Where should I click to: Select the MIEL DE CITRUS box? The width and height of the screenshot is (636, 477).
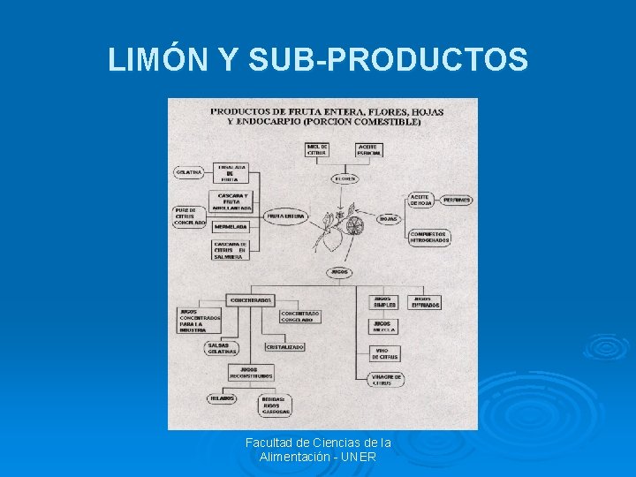point(317,149)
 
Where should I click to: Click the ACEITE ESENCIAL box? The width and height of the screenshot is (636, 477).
point(369,149)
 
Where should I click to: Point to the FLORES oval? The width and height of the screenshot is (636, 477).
point(345,178)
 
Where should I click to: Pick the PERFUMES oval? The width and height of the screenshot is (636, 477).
point(457,200)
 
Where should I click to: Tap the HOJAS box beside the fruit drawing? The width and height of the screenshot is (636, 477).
point(388,218)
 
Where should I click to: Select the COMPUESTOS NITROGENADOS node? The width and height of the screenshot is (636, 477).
point(429,237)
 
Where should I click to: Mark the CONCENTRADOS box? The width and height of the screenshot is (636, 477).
point(251,300)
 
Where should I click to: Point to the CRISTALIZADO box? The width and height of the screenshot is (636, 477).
point(284,347)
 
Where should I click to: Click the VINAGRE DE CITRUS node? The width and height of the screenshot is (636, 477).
point(386,380)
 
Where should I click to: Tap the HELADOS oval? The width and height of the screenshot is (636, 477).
point(222,398)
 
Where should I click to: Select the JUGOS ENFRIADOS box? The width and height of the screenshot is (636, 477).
point(424,302)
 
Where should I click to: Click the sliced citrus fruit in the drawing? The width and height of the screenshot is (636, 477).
point(354,226)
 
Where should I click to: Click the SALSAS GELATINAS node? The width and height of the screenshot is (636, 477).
point(221,348)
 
